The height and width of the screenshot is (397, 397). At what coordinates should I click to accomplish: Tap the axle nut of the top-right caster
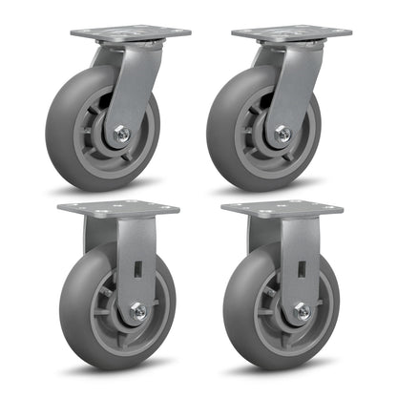tap(282, 136)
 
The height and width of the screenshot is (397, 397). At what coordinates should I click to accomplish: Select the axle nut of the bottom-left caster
tap(138, 310)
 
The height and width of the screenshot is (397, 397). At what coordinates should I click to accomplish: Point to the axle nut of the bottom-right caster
tap(302, 310)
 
